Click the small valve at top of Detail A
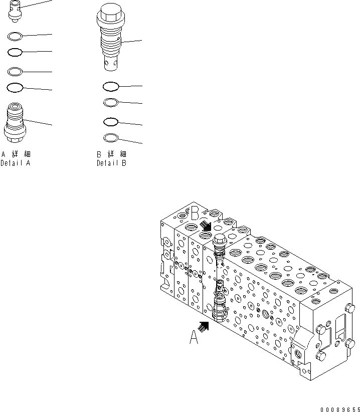tap(15, 12)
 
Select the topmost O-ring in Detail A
tap(15, 36)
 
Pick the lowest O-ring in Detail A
tap(15, 88)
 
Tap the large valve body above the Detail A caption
tap(15, 121)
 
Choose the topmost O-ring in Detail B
tap(110, 87)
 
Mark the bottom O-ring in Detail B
tap(110, 138)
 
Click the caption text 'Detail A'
tap(16, 163)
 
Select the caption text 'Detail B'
tap(111, 163)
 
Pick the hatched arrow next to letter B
tap(206, 225)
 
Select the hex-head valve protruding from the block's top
tap(219, 243)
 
